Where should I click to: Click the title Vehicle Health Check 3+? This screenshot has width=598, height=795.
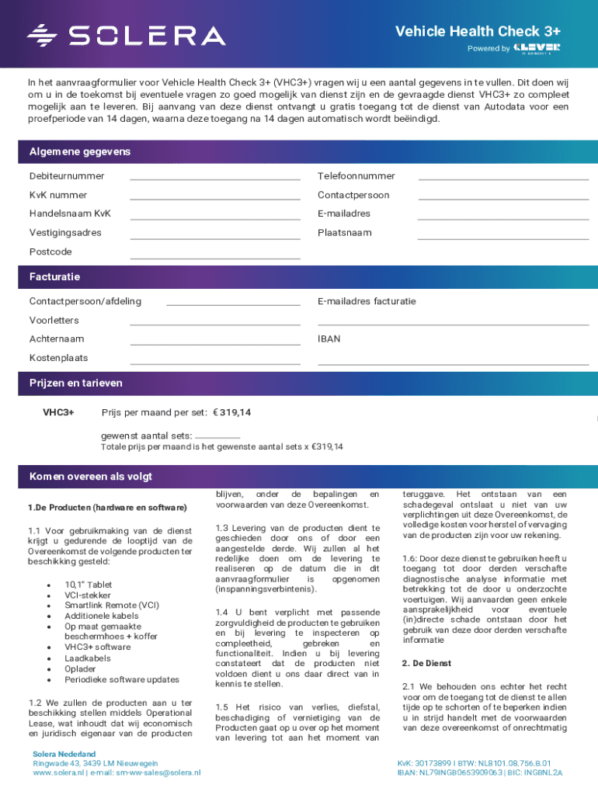478,31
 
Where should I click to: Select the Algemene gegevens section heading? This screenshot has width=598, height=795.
80,151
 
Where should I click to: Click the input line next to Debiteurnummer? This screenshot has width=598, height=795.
215,176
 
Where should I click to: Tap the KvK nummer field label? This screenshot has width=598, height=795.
58,195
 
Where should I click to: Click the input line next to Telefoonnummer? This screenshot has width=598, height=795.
503,176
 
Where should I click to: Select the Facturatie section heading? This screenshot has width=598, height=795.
54,276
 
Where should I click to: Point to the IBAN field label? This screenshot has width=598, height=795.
329,339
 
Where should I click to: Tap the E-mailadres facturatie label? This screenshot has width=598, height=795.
367,301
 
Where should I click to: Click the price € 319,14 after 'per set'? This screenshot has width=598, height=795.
238,411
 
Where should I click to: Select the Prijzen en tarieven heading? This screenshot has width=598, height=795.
75,383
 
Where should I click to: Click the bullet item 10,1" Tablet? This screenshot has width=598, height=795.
89,585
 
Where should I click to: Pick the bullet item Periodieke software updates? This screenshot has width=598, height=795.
121,679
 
